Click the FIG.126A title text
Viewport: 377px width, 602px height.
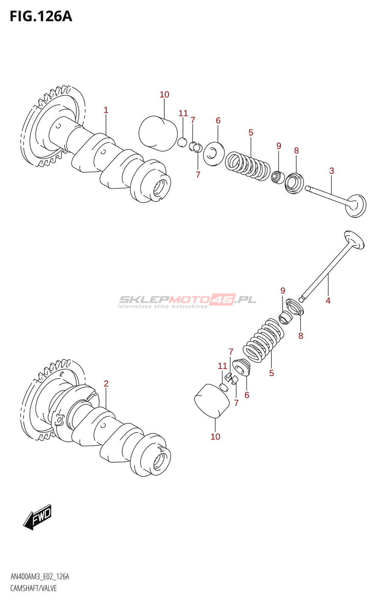point(41,17)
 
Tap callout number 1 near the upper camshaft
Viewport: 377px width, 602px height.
point(106,110)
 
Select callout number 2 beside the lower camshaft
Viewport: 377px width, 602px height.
point(106,383)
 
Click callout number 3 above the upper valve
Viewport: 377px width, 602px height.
point(331,171)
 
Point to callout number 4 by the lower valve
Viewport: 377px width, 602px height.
point(328,301)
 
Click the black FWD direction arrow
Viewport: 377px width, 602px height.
point(37,517)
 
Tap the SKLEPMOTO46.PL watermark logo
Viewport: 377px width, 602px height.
point(187,301)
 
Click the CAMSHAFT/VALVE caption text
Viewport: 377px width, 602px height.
point(34,588)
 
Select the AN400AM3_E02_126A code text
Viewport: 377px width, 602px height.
point(40,576)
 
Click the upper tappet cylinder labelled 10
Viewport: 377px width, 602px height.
point(158,133)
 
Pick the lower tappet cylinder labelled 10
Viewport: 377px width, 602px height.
point(212,401)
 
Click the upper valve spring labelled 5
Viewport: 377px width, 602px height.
point(247,166)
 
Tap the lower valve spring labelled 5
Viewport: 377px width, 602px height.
point(264,340)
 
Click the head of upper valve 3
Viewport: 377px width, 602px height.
point(356,205)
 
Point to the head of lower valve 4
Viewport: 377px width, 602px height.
point(354,239)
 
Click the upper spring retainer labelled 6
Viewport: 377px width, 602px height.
point(214,154)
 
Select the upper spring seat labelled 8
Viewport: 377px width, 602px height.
point(294,184)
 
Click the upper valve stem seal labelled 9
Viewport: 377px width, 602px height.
point(278,177)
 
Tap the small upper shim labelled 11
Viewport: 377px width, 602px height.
point(182,142)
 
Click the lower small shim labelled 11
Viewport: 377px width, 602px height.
point(224,387)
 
